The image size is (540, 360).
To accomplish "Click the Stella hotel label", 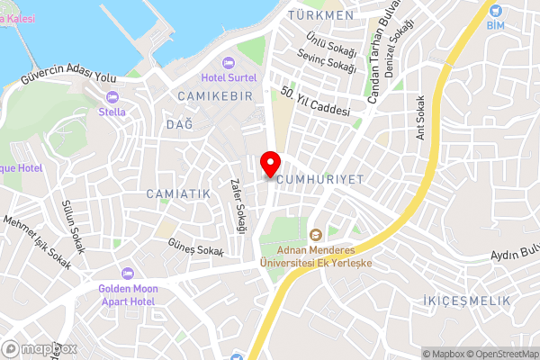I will [112, 112].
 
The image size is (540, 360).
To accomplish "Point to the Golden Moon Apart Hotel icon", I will [127, 273].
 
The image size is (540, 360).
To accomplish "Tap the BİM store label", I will [497, 26].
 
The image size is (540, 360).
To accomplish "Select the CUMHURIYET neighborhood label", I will [321, 180].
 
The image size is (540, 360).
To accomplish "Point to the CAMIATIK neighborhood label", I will [177, 193].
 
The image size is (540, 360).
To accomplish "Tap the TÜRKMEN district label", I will [319, 15].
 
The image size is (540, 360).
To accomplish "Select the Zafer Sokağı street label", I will [238, 206].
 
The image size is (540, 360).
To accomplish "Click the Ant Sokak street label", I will [419, 117].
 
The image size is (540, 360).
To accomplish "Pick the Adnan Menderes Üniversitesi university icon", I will [315, 234].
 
